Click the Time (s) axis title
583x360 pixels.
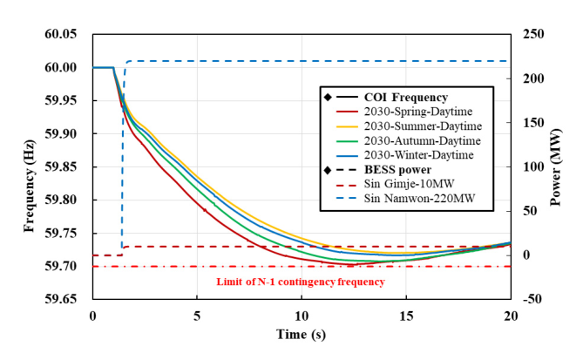click(x=301, y=335)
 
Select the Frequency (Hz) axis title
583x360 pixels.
click(x=30, y=166)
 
